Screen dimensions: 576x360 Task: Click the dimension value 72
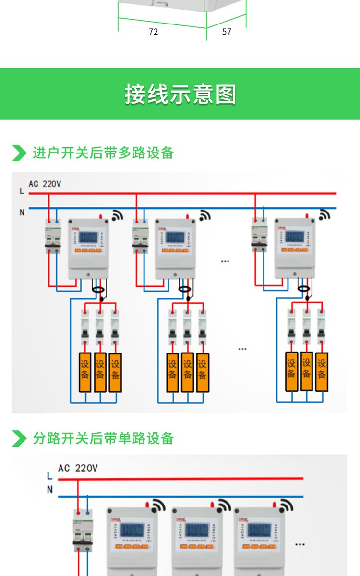coord(153,32)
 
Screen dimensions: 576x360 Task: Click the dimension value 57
coord(227,32)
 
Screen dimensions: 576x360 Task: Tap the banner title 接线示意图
coord(180,94)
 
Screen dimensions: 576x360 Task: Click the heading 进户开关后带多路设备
coord(103,153)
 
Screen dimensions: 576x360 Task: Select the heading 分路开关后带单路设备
coord(103,438)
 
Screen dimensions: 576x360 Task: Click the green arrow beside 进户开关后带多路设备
coord(19,153)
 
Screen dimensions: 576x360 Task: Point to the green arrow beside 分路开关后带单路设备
coord(19,438)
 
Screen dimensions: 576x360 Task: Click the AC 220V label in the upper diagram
coord(45,184)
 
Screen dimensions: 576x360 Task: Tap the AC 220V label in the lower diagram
coord(78,468)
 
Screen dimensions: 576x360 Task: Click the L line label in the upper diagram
coord(22,191)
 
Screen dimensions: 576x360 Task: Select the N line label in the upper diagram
coord(22,212)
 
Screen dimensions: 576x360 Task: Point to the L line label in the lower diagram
coord(49,476)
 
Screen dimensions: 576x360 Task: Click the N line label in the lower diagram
coord(49,490)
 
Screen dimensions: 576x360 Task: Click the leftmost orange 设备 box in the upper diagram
coord(85,373)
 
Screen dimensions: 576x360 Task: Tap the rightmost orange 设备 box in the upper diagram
coord(322,372)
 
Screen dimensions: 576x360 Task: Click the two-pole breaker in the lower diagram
coord(82,530)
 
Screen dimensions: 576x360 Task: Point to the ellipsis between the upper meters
coord(225,261)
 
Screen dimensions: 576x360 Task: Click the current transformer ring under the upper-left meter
coord(99,290)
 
